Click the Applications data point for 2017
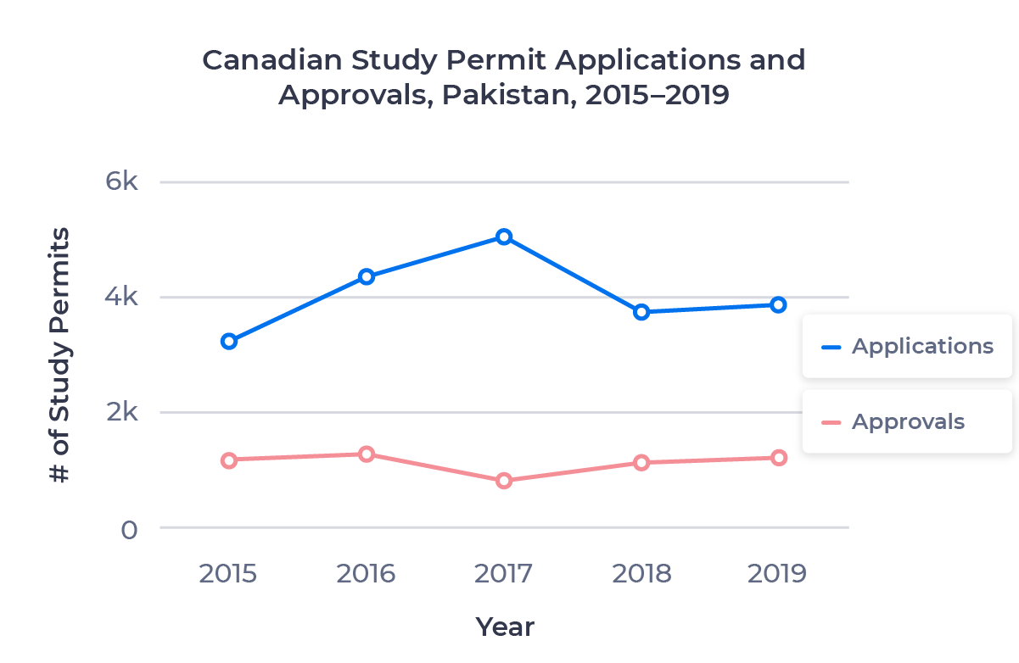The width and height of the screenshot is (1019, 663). point(504,237)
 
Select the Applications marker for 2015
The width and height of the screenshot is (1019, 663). point(228,341)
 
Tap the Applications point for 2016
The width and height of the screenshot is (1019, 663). point(367,276)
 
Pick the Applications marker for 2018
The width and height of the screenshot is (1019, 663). point(641,312)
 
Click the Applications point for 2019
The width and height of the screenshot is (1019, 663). point(779,304)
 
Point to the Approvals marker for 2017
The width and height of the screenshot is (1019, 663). point(504,481)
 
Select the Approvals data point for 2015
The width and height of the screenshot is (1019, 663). point(228,460)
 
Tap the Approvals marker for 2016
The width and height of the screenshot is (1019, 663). point(367,454)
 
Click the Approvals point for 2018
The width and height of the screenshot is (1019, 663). point(641,462)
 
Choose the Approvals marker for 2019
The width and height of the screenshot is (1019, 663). point(779,458)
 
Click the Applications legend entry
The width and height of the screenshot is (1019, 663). point(906,346)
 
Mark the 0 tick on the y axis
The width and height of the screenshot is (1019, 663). point(128,529)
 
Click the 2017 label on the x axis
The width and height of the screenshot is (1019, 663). point(504,573)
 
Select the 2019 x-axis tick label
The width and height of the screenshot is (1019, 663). point(777,573)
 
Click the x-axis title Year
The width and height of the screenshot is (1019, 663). point(505,627)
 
